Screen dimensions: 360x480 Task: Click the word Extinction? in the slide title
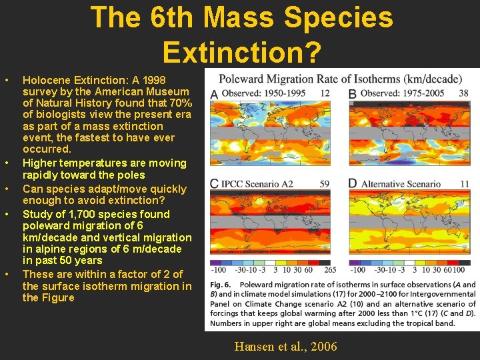click(x=241, y=51)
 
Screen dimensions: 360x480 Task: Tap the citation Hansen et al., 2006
click(x=285, y=346)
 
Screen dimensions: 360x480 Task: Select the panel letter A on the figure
click(x=214, y=94)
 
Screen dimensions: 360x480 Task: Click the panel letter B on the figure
click(x=352, y=94)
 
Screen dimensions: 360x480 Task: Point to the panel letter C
click(x=214, y=184)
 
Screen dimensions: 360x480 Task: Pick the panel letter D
click(x=352, y=184)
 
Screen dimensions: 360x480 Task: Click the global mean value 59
click(x=325, y=183)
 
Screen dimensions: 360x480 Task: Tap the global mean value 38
click(x=463, y=93)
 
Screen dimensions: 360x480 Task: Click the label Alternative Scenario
click(x=401, y=183)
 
